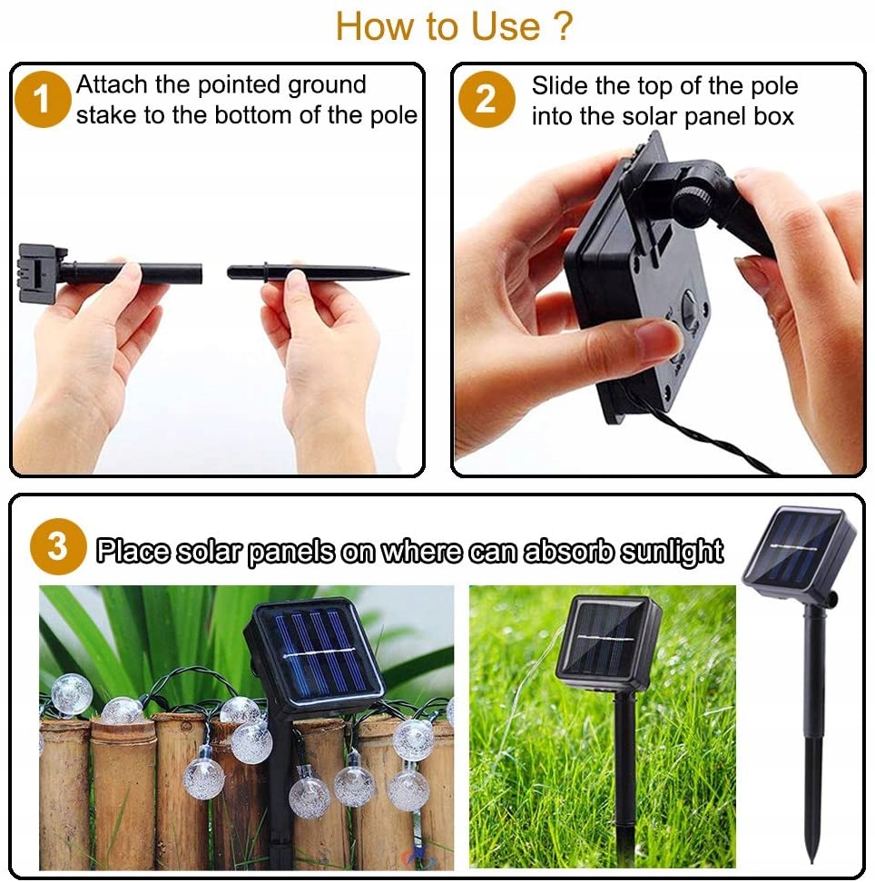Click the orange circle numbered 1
42,100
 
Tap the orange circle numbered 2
487,100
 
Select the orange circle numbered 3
57,546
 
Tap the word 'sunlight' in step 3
672,552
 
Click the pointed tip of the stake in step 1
408,274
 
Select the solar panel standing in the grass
608,642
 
